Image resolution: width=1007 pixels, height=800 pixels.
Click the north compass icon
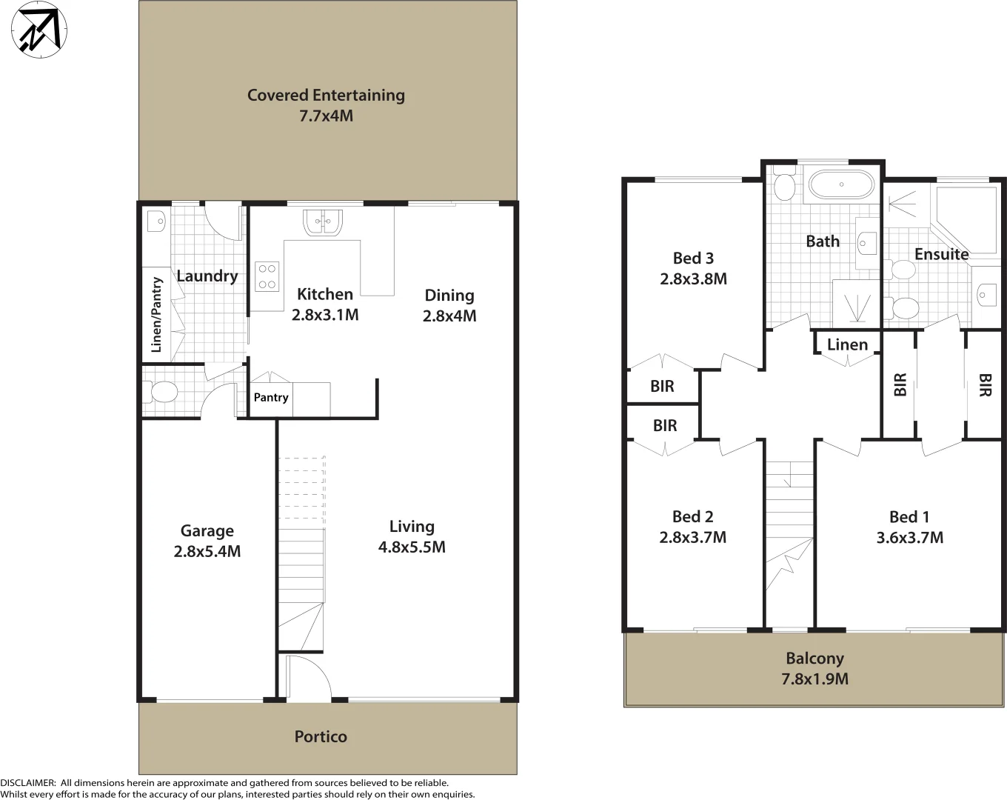[x=39, y=29]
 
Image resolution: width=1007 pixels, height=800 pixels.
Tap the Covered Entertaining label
[x=326, y=96]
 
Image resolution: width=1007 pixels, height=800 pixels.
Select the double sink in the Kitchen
[x=322, y=222]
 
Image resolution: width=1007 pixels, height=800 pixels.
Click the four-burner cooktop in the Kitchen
[x=267, y=276]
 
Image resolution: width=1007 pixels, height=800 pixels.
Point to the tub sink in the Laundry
[x=156, y=221]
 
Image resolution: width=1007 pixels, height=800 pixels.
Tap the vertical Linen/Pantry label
[x=156, y=314]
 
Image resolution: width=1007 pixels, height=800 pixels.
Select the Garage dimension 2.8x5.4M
[x=207, y=551]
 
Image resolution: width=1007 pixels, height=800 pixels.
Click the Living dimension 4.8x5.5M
[x=412, y=547]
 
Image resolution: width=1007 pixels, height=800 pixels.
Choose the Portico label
[x=321, y=736]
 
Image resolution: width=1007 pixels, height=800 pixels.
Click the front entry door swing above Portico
[x=309, y=679]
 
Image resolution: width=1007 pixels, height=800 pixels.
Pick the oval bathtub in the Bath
[x=840, y=184]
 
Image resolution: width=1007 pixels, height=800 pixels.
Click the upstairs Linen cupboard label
[x=847, y=344]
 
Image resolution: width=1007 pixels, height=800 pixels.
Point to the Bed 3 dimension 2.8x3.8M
[x=694, y=279]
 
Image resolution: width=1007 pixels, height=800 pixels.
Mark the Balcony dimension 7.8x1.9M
[x=814, y=679]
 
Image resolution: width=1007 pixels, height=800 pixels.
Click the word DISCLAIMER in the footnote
[x=27, y=782]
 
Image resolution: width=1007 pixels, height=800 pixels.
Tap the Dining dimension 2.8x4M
[x=449, y=316]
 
